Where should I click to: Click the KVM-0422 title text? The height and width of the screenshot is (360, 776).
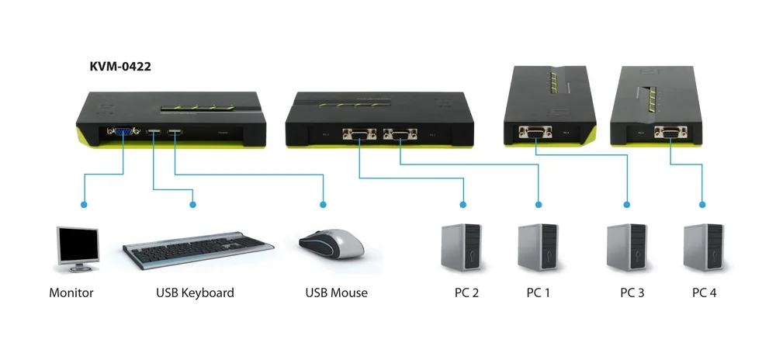120,67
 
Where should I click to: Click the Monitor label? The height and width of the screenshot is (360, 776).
71,293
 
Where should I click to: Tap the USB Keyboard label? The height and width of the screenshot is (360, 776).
195,293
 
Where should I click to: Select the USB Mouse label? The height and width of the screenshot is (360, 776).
336,293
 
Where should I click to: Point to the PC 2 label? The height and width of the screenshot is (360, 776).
466,293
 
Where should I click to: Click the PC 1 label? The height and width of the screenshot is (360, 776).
539,293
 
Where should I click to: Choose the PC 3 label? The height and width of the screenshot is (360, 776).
632,293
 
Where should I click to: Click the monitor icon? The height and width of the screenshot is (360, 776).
78,249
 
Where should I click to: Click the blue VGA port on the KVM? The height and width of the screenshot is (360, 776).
123,134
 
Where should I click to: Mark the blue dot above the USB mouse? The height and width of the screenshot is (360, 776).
323,205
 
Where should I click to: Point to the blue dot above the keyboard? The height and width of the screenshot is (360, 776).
192,205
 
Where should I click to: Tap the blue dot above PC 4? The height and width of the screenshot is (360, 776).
702,205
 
